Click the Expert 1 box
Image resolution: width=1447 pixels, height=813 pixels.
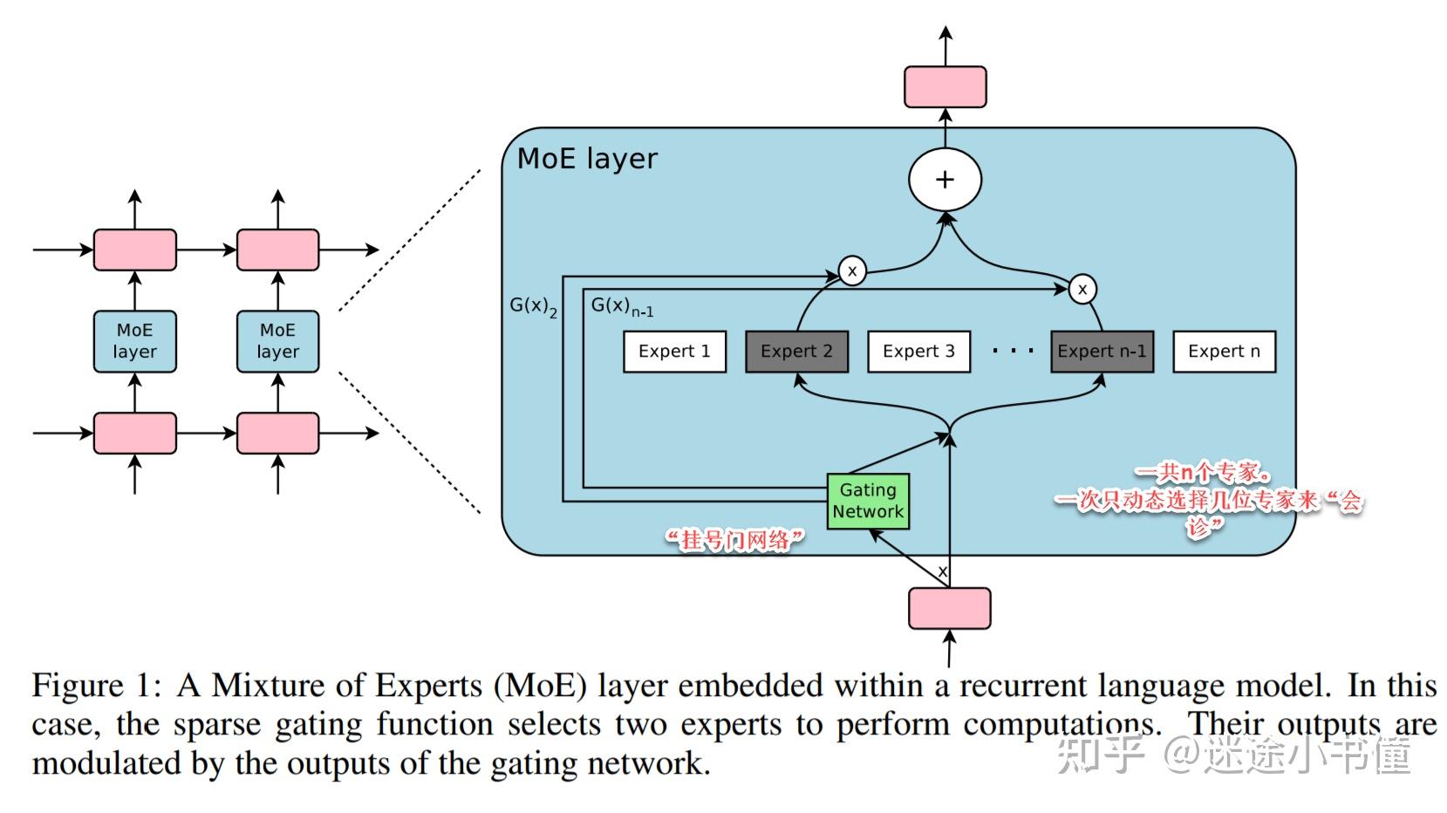click(674, 352)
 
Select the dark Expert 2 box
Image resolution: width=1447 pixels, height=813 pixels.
click(796, 352)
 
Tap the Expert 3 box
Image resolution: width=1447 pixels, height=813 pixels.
click(918, 352)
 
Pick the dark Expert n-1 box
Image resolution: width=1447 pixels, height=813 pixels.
click(1102, 352)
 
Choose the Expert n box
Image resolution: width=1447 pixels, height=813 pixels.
click(1224, 352)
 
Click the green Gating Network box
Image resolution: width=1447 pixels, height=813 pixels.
click(868, 502)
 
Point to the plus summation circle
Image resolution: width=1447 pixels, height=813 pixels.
click(945, 180)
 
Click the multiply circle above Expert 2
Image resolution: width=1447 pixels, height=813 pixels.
click(852, 270)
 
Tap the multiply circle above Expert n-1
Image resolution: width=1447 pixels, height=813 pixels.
click(1082, 289)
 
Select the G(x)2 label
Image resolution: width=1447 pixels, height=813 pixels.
click(534, 306)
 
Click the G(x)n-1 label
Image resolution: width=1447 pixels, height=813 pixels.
click(622, 306)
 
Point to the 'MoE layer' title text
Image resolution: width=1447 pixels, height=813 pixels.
click(587, 159)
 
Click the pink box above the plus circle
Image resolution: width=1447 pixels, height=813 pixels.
click(945, 86)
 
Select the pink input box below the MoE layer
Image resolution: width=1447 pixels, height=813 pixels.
click(950, 608)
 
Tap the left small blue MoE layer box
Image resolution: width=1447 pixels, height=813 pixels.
click(135, 341)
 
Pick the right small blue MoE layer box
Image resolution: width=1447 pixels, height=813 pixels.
click(277, 341)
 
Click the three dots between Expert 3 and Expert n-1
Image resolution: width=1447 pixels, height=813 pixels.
click(1013, 351)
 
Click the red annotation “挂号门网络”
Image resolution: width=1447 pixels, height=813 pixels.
click(735, 540)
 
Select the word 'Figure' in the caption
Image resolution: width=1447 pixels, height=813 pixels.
click(78, 687)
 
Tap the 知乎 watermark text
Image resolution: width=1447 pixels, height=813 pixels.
click(1101, 755)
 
